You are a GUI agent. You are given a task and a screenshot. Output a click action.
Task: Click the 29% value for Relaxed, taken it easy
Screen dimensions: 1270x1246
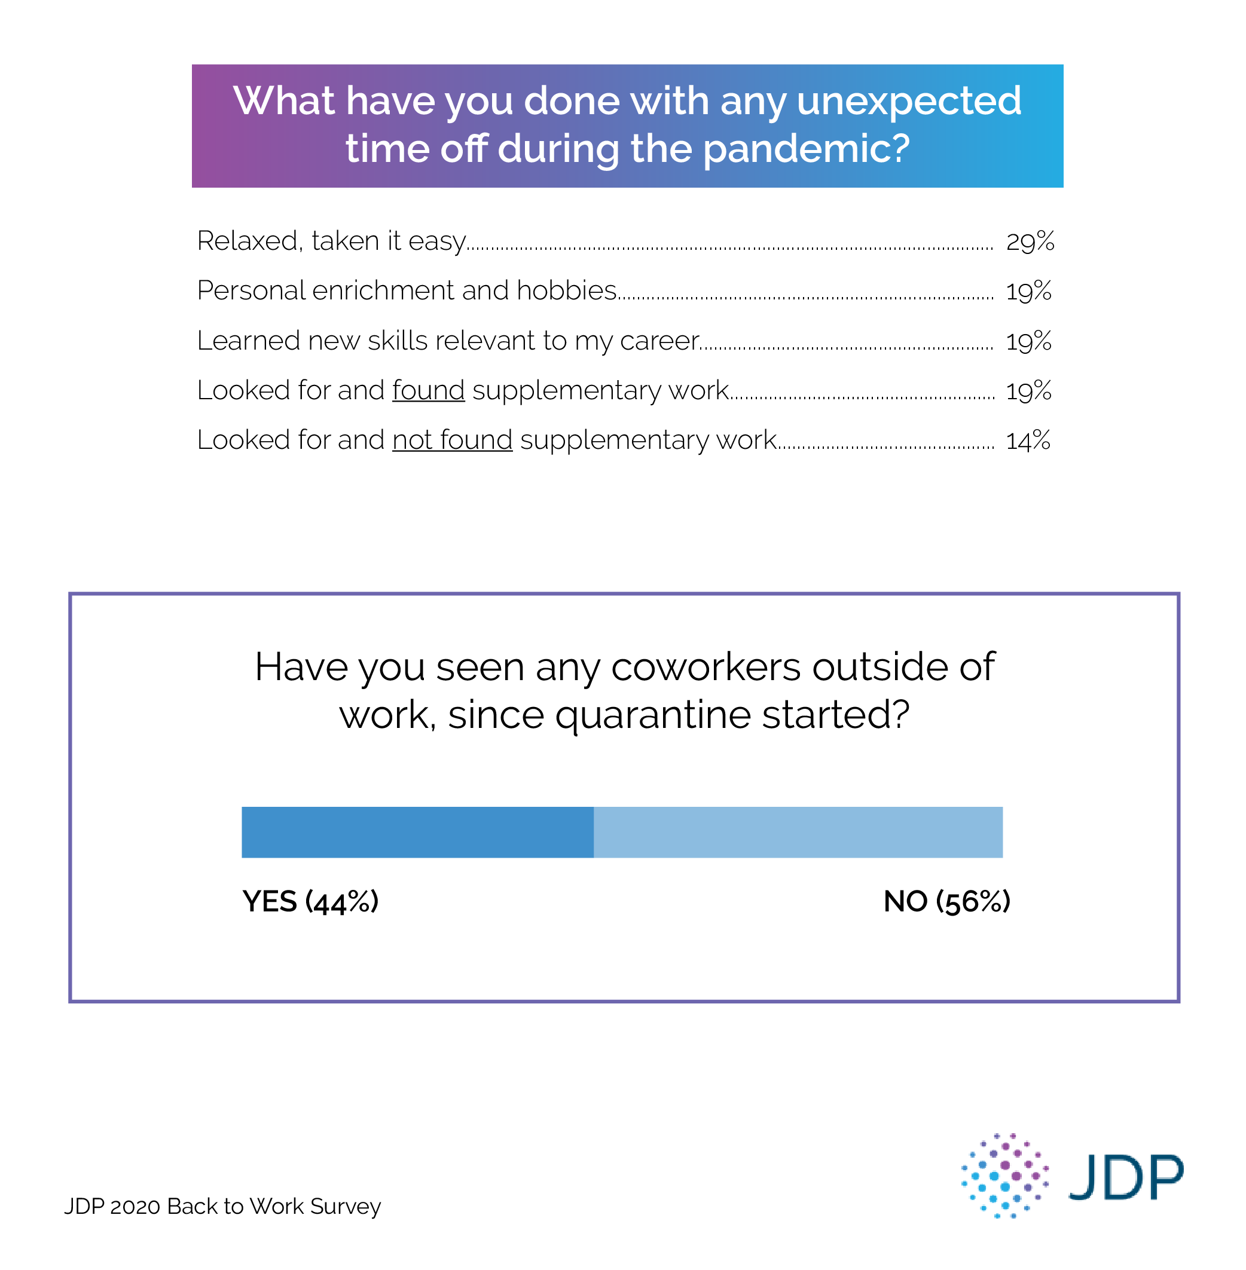click(1030, 241)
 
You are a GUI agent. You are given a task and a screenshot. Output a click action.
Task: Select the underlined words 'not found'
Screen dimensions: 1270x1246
click(452, 440)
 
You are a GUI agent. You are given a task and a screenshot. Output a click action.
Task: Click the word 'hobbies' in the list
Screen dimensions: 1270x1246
click(566, 290)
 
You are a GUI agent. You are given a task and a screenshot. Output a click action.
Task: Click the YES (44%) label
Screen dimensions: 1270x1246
click(310, 901)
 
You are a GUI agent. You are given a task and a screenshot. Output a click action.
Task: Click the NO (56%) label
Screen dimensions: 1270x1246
click(946, 901)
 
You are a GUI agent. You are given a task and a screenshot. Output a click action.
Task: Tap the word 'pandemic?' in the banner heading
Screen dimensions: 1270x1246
click(805, 149)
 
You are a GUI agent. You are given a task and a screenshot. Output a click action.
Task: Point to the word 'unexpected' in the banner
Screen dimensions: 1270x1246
click(908, 102)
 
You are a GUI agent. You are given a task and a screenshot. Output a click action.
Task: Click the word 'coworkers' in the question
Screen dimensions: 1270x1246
click(706, 667)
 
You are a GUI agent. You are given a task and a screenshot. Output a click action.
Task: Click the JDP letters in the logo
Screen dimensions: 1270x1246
click(1126, 1178)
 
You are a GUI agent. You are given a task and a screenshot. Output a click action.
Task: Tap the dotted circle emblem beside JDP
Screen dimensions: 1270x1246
click(1004, 1176)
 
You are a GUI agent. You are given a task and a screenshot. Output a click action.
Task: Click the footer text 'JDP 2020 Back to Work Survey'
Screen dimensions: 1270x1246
click(222, 1206)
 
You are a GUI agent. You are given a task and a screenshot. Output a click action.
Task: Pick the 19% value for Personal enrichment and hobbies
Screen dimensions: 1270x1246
click(1028, 291)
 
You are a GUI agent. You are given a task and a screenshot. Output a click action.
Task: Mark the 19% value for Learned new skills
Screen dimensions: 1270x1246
click(1028, 341)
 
